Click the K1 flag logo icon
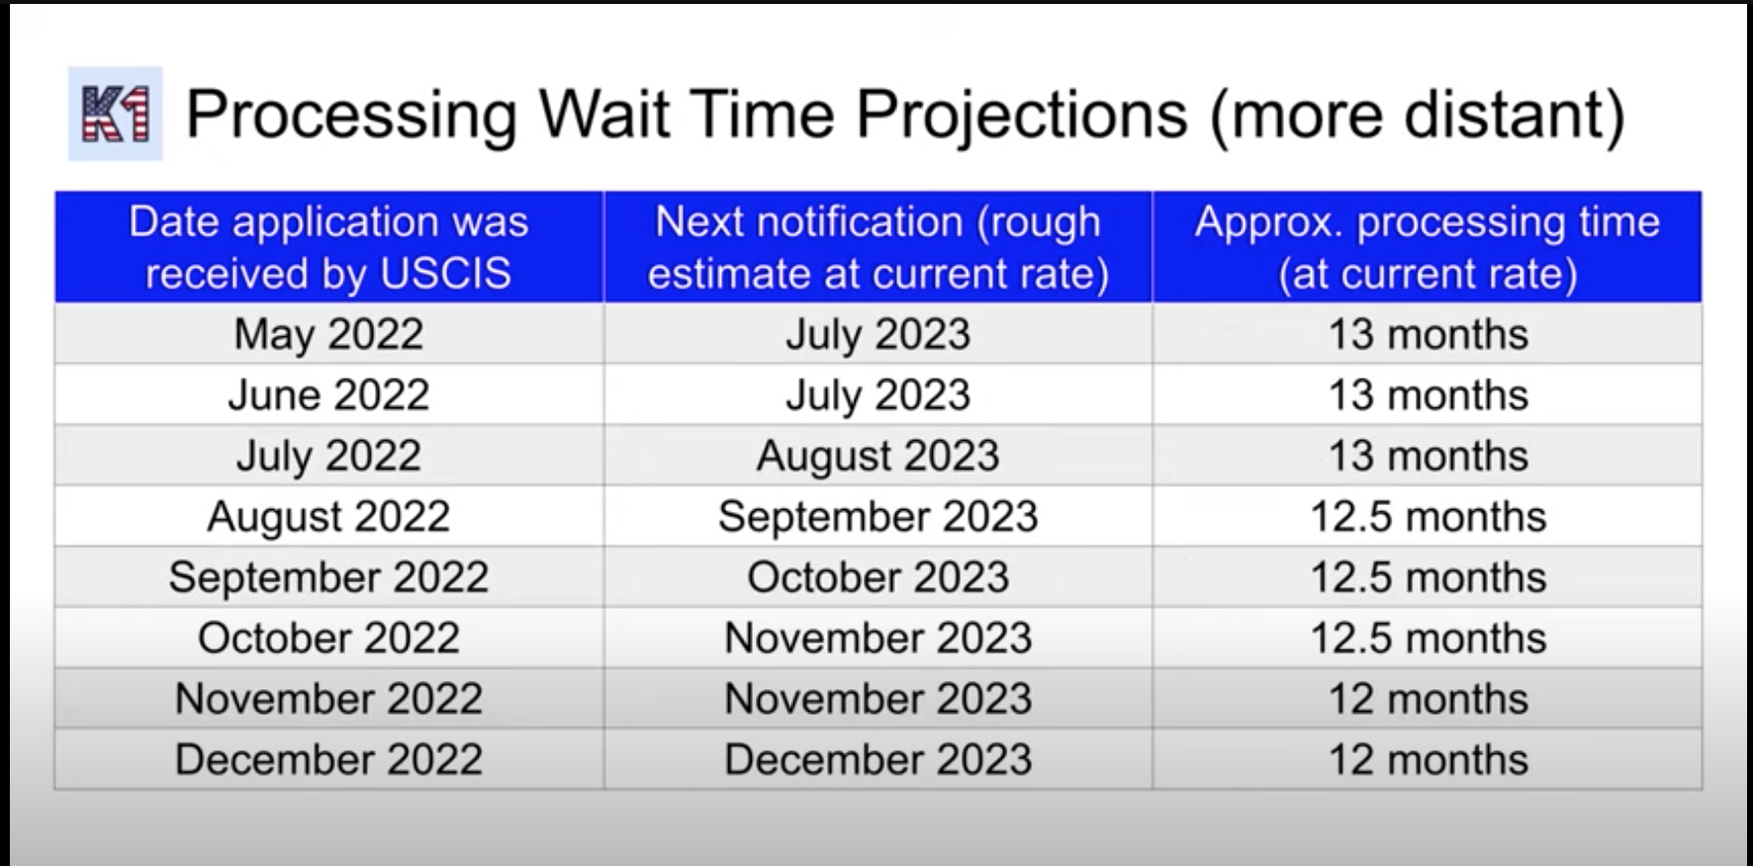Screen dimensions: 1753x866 coord(115,114)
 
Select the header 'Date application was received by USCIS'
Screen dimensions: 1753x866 coord(328,247)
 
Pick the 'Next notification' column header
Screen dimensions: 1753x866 coord(878,247)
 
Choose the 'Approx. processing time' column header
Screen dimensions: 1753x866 coord(1428,247)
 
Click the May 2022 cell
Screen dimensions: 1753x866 coord(328,334)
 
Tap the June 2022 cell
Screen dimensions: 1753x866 coord(328,395)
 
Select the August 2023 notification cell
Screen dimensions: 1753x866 coord(878,456)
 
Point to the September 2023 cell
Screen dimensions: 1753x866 coord(878,517)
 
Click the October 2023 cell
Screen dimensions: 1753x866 coord(878,577)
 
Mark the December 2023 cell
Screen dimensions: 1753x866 coord(878,759)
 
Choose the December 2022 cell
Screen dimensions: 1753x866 coord(328,759)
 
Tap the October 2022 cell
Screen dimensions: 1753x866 coord(328,638)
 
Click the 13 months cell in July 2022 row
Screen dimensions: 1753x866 coord(1428,456)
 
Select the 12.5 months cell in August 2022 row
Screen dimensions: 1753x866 coord(1428,517)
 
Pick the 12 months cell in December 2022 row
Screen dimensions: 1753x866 coord(1428,759)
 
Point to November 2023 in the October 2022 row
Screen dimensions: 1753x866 coord(878,638)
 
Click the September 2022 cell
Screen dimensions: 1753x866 coord(328,577)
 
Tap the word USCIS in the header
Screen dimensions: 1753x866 coord(445,274)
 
